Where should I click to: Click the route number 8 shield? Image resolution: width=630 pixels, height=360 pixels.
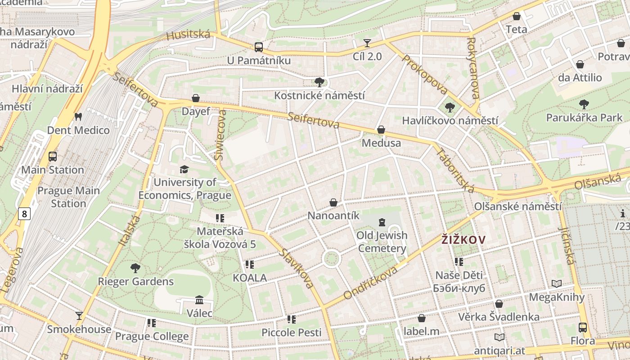click(x=24, y=214)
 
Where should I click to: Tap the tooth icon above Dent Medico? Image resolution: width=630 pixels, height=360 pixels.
click(x=78, y=117)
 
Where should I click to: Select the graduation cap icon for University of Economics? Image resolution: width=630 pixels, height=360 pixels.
click(x=184, y=169)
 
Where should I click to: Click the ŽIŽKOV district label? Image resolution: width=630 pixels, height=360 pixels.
click(x=463, y=240)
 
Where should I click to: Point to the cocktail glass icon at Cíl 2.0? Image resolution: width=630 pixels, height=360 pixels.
click(x=367, y=43)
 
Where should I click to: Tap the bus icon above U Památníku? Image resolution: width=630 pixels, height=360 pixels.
click(x=259, y=47)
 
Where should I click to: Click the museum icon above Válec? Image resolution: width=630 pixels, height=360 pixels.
click(x=199, y=300)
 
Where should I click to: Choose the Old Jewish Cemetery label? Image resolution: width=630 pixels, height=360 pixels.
click(x=382, y=242)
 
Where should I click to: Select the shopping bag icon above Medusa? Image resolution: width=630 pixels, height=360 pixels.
click(x=381, y=130)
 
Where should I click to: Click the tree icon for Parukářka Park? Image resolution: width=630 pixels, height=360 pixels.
click(x=584, y=104)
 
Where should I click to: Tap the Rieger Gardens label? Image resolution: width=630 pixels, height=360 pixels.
click(x=135, y=282)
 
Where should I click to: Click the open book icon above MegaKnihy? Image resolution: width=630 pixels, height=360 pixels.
click(x=557, y=284)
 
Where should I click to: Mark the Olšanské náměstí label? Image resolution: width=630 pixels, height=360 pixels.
click(x=518, y=207)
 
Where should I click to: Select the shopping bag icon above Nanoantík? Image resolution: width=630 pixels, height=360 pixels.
click(x=333, y=202)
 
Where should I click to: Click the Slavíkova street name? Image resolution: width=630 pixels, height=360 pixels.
click(x=296, y=268)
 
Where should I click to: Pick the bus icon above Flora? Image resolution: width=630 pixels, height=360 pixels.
click(x=583, y=327)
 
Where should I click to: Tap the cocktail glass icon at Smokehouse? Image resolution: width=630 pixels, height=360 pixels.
click(x=79, y=315)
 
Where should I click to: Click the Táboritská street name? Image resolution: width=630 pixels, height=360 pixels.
click(x=455, y=171)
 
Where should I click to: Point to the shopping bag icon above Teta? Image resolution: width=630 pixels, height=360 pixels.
click(x=517, y=16)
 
